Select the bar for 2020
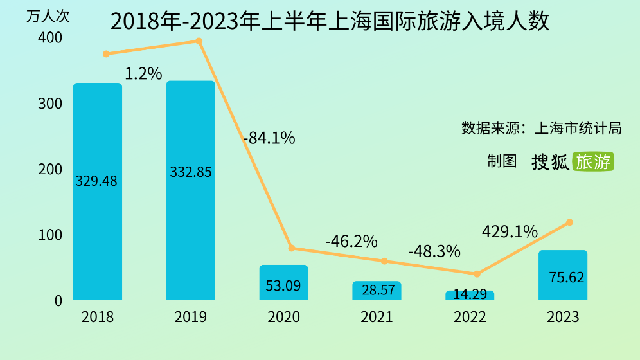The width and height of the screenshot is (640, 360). tap(283, 283)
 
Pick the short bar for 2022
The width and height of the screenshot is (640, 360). tap(470, 295)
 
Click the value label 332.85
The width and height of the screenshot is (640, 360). tap(191, 172)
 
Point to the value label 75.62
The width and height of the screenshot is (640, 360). tap(567, 277)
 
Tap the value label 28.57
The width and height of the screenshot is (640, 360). tap(378, 291)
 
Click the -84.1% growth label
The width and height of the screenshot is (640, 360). tap(269, 138)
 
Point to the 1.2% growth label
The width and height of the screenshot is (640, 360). tap(143, 74)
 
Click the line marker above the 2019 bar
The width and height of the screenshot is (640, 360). tap(199, 41)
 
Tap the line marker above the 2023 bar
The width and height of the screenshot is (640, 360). tap(569, 222)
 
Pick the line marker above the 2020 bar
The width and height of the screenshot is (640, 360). tap(292, 248)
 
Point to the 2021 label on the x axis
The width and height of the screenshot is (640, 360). tap(377, 317)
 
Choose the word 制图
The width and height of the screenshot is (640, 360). tap(502, 161)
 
